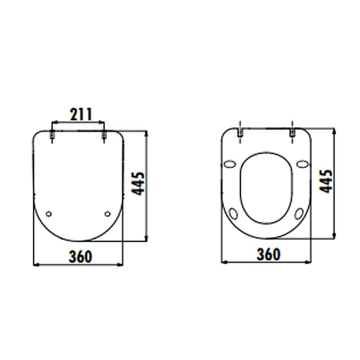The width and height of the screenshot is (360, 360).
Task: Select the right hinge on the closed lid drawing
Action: point(104,135)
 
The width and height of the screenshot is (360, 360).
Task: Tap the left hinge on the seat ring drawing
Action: point(240,132)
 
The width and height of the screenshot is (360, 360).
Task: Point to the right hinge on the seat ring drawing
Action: point(292,132)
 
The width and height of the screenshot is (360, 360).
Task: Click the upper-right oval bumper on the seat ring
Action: point(303,164)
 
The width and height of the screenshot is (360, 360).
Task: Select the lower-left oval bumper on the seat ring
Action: point(234,214)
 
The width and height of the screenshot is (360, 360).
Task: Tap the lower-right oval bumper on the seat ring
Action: point(299,214)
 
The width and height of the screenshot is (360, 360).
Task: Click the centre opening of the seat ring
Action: point(266,189)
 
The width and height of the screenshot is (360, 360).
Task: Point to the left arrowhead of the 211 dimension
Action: point(55,122)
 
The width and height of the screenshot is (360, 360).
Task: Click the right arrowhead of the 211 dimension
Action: point(103,122)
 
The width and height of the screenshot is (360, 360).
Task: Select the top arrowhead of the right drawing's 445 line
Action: point(334,130)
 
